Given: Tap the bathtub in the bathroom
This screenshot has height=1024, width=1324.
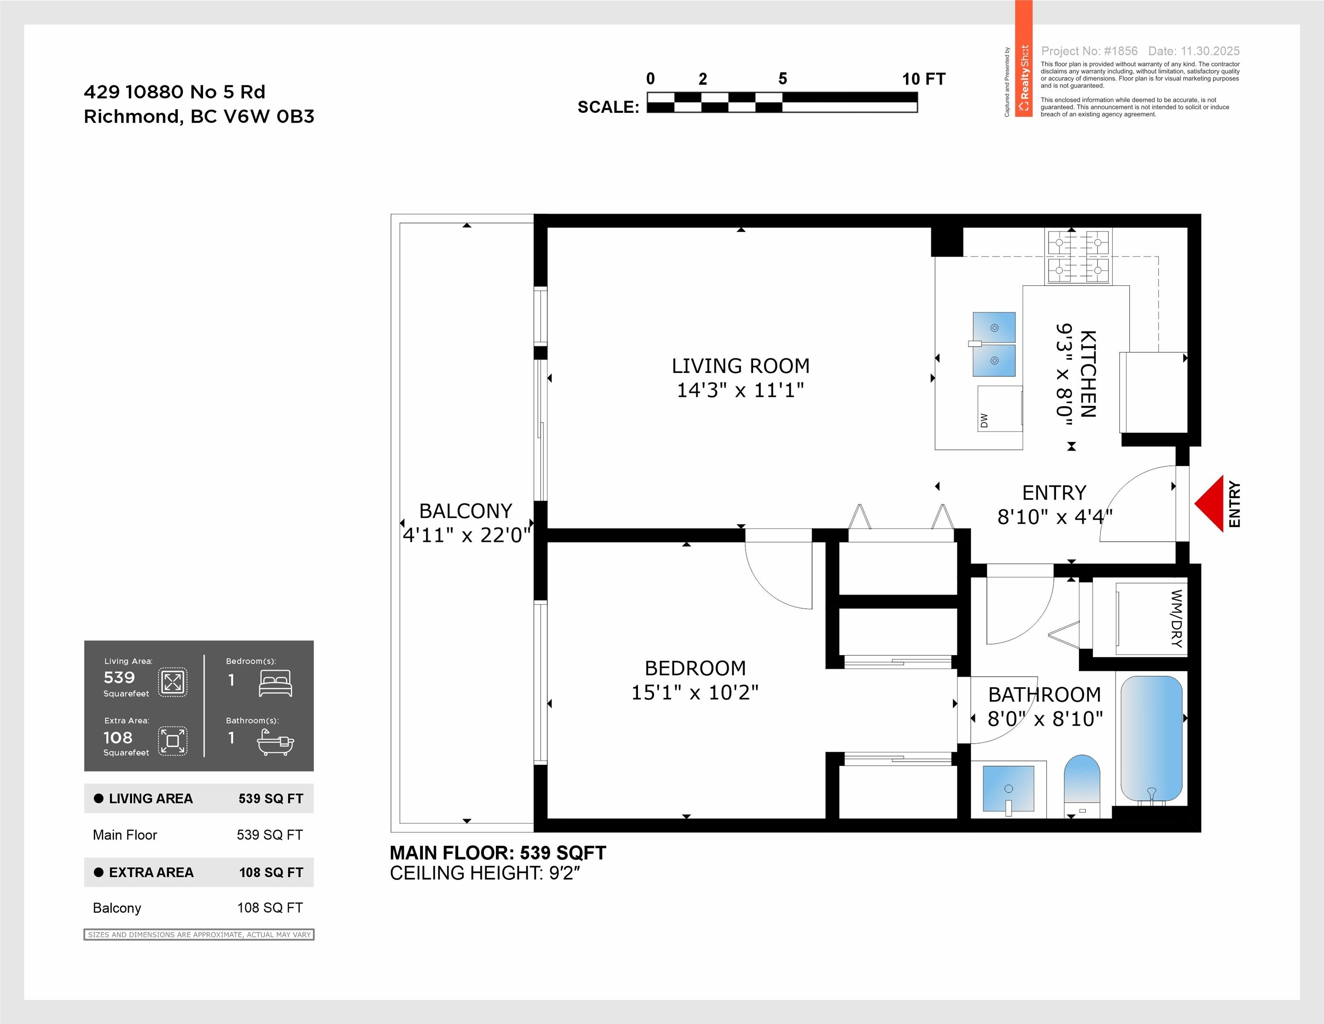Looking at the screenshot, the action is tap(1151, 740).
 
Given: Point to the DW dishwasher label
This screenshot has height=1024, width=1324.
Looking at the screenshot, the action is tap(984, 420).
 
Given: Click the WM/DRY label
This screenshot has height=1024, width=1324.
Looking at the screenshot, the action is tap(1176, 618).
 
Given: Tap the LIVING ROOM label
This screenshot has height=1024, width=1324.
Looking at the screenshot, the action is tap(740, 366).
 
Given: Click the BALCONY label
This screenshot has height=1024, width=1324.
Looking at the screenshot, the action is tap(466, 511).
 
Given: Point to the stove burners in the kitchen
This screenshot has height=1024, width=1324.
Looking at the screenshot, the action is tap(1078, 257).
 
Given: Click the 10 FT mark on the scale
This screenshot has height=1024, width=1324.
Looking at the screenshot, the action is tap(923, 79).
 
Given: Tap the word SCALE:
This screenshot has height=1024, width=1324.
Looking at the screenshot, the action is tap(608, 107).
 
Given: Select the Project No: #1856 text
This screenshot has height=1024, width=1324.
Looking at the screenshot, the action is tap(1089, 51).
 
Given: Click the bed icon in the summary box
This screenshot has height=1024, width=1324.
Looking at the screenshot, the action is tap(275, 683).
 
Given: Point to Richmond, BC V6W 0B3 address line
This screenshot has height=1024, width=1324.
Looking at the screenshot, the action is tap(199, 116).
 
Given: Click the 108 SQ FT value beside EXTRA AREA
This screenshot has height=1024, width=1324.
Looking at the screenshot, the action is tap(271, 872).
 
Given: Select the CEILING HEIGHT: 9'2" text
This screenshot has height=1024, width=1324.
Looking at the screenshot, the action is tap(485, 873).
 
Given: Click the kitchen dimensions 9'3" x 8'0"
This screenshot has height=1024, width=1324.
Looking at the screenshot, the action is tap(1064, 374).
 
